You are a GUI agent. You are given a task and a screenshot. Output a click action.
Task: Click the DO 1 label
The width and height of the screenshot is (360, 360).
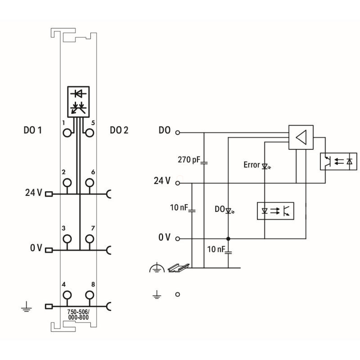pyautogui.click(x=32, y=130)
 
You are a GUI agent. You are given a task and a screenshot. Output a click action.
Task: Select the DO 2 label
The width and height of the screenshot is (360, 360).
pyautogui.click(x=119, y=130)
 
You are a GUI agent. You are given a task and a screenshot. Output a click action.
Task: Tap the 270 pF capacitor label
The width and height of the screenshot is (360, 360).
pyautogui.click(x=189, y=159)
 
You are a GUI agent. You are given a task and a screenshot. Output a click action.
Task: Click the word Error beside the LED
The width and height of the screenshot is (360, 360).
pyautogui.click(x=252, y=165)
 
